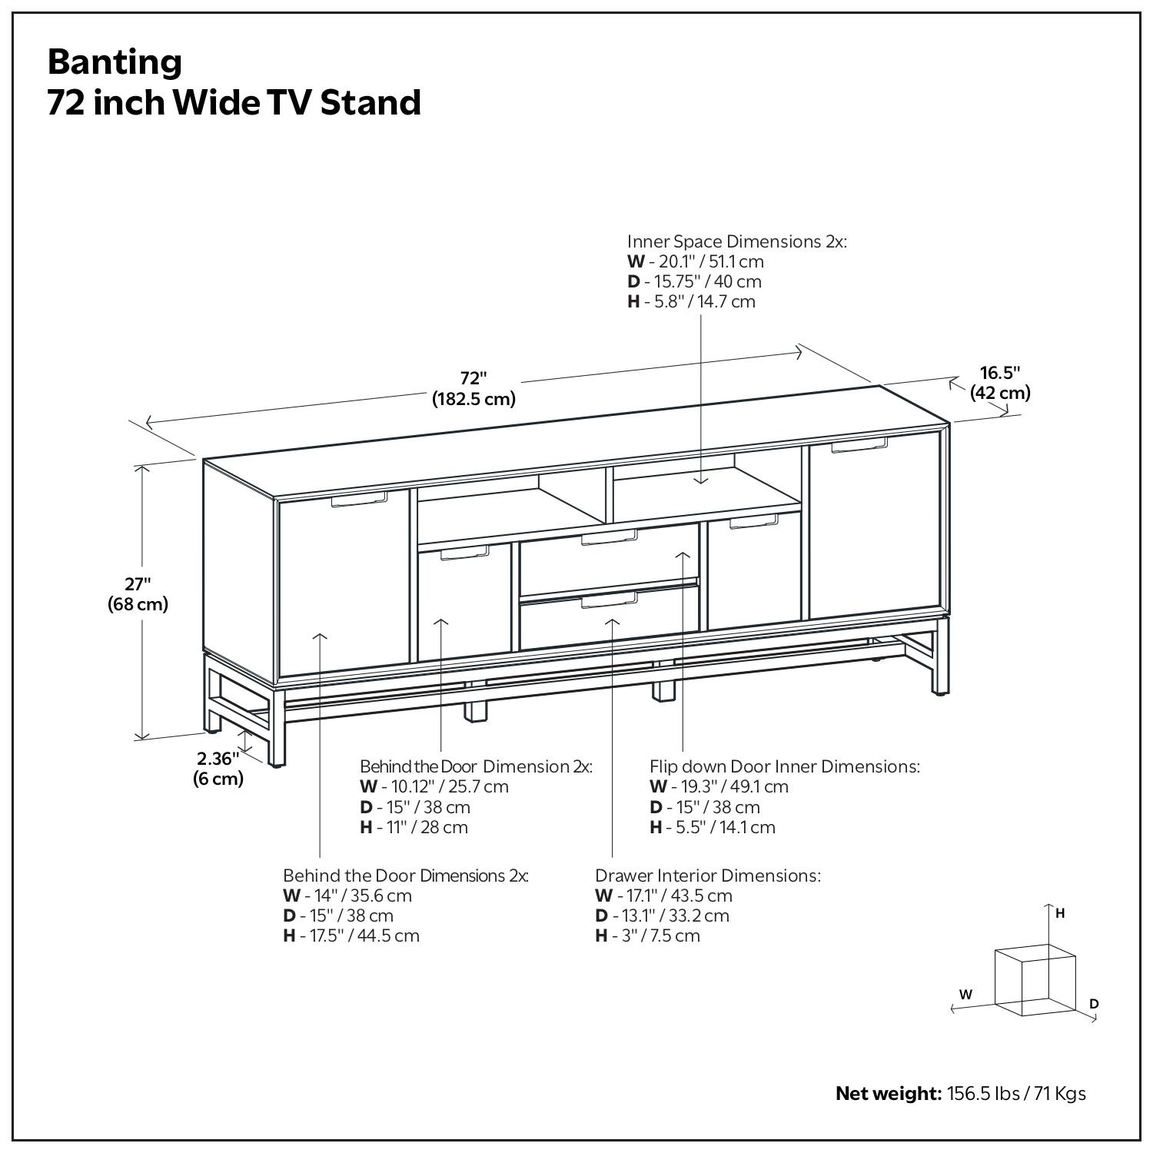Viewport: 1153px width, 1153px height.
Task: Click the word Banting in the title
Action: pyautogui.click(x=115, y=61)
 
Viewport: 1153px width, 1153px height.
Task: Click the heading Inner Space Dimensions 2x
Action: pyautogui.click(x=736, y=241)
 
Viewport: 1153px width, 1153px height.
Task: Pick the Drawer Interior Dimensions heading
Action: pyautogui.click(x=707, y=876)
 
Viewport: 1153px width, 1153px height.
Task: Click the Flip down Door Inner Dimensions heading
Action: pyautogui.click(x=784, y=766)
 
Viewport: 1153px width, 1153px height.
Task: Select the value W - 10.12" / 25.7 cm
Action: pyautogui.click(x=434, y=786)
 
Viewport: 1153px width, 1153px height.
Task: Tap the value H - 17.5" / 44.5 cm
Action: pyautogui.click(x=351, y=935)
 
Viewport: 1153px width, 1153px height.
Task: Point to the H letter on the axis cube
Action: pyautogui.click(x=1060, y=913)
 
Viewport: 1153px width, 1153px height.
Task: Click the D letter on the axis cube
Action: pyautogui.click(x=1094, y=1004)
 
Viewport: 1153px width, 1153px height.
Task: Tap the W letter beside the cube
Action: pyautogui.click(x=965, y=994)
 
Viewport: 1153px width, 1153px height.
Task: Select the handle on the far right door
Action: pyautogui.click(x=859, y=445)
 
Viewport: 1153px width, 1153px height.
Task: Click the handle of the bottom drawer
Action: pyautogui.click(x=609, y=600)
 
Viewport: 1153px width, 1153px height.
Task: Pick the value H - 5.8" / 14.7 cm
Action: pyautogui.click(x=691, y=301)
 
